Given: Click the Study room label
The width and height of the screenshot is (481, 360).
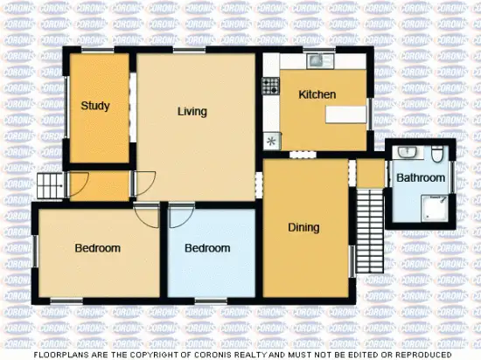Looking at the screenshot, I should coord(95,107).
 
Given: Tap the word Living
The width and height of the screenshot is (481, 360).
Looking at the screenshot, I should coord(192,111).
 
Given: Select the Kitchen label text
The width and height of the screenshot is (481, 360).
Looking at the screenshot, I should coord(317,94).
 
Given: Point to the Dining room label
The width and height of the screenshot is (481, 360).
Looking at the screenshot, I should coord(303,227).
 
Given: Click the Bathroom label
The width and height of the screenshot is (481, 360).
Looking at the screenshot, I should coord(421,178).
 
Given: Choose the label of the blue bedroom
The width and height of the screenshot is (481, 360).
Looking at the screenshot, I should coord(207,248).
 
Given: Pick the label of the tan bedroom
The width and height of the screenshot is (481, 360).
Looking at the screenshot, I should coord(97,248).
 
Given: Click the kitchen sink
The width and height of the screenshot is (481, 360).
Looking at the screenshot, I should coord(315,60).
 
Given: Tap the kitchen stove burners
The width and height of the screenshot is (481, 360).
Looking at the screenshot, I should coord(269,85).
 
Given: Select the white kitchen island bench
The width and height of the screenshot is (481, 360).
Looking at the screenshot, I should coord(346,114).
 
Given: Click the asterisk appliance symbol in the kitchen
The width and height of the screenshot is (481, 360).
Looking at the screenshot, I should coord(270,141).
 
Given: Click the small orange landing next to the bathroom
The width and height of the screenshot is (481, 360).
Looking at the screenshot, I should coord(371,173).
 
